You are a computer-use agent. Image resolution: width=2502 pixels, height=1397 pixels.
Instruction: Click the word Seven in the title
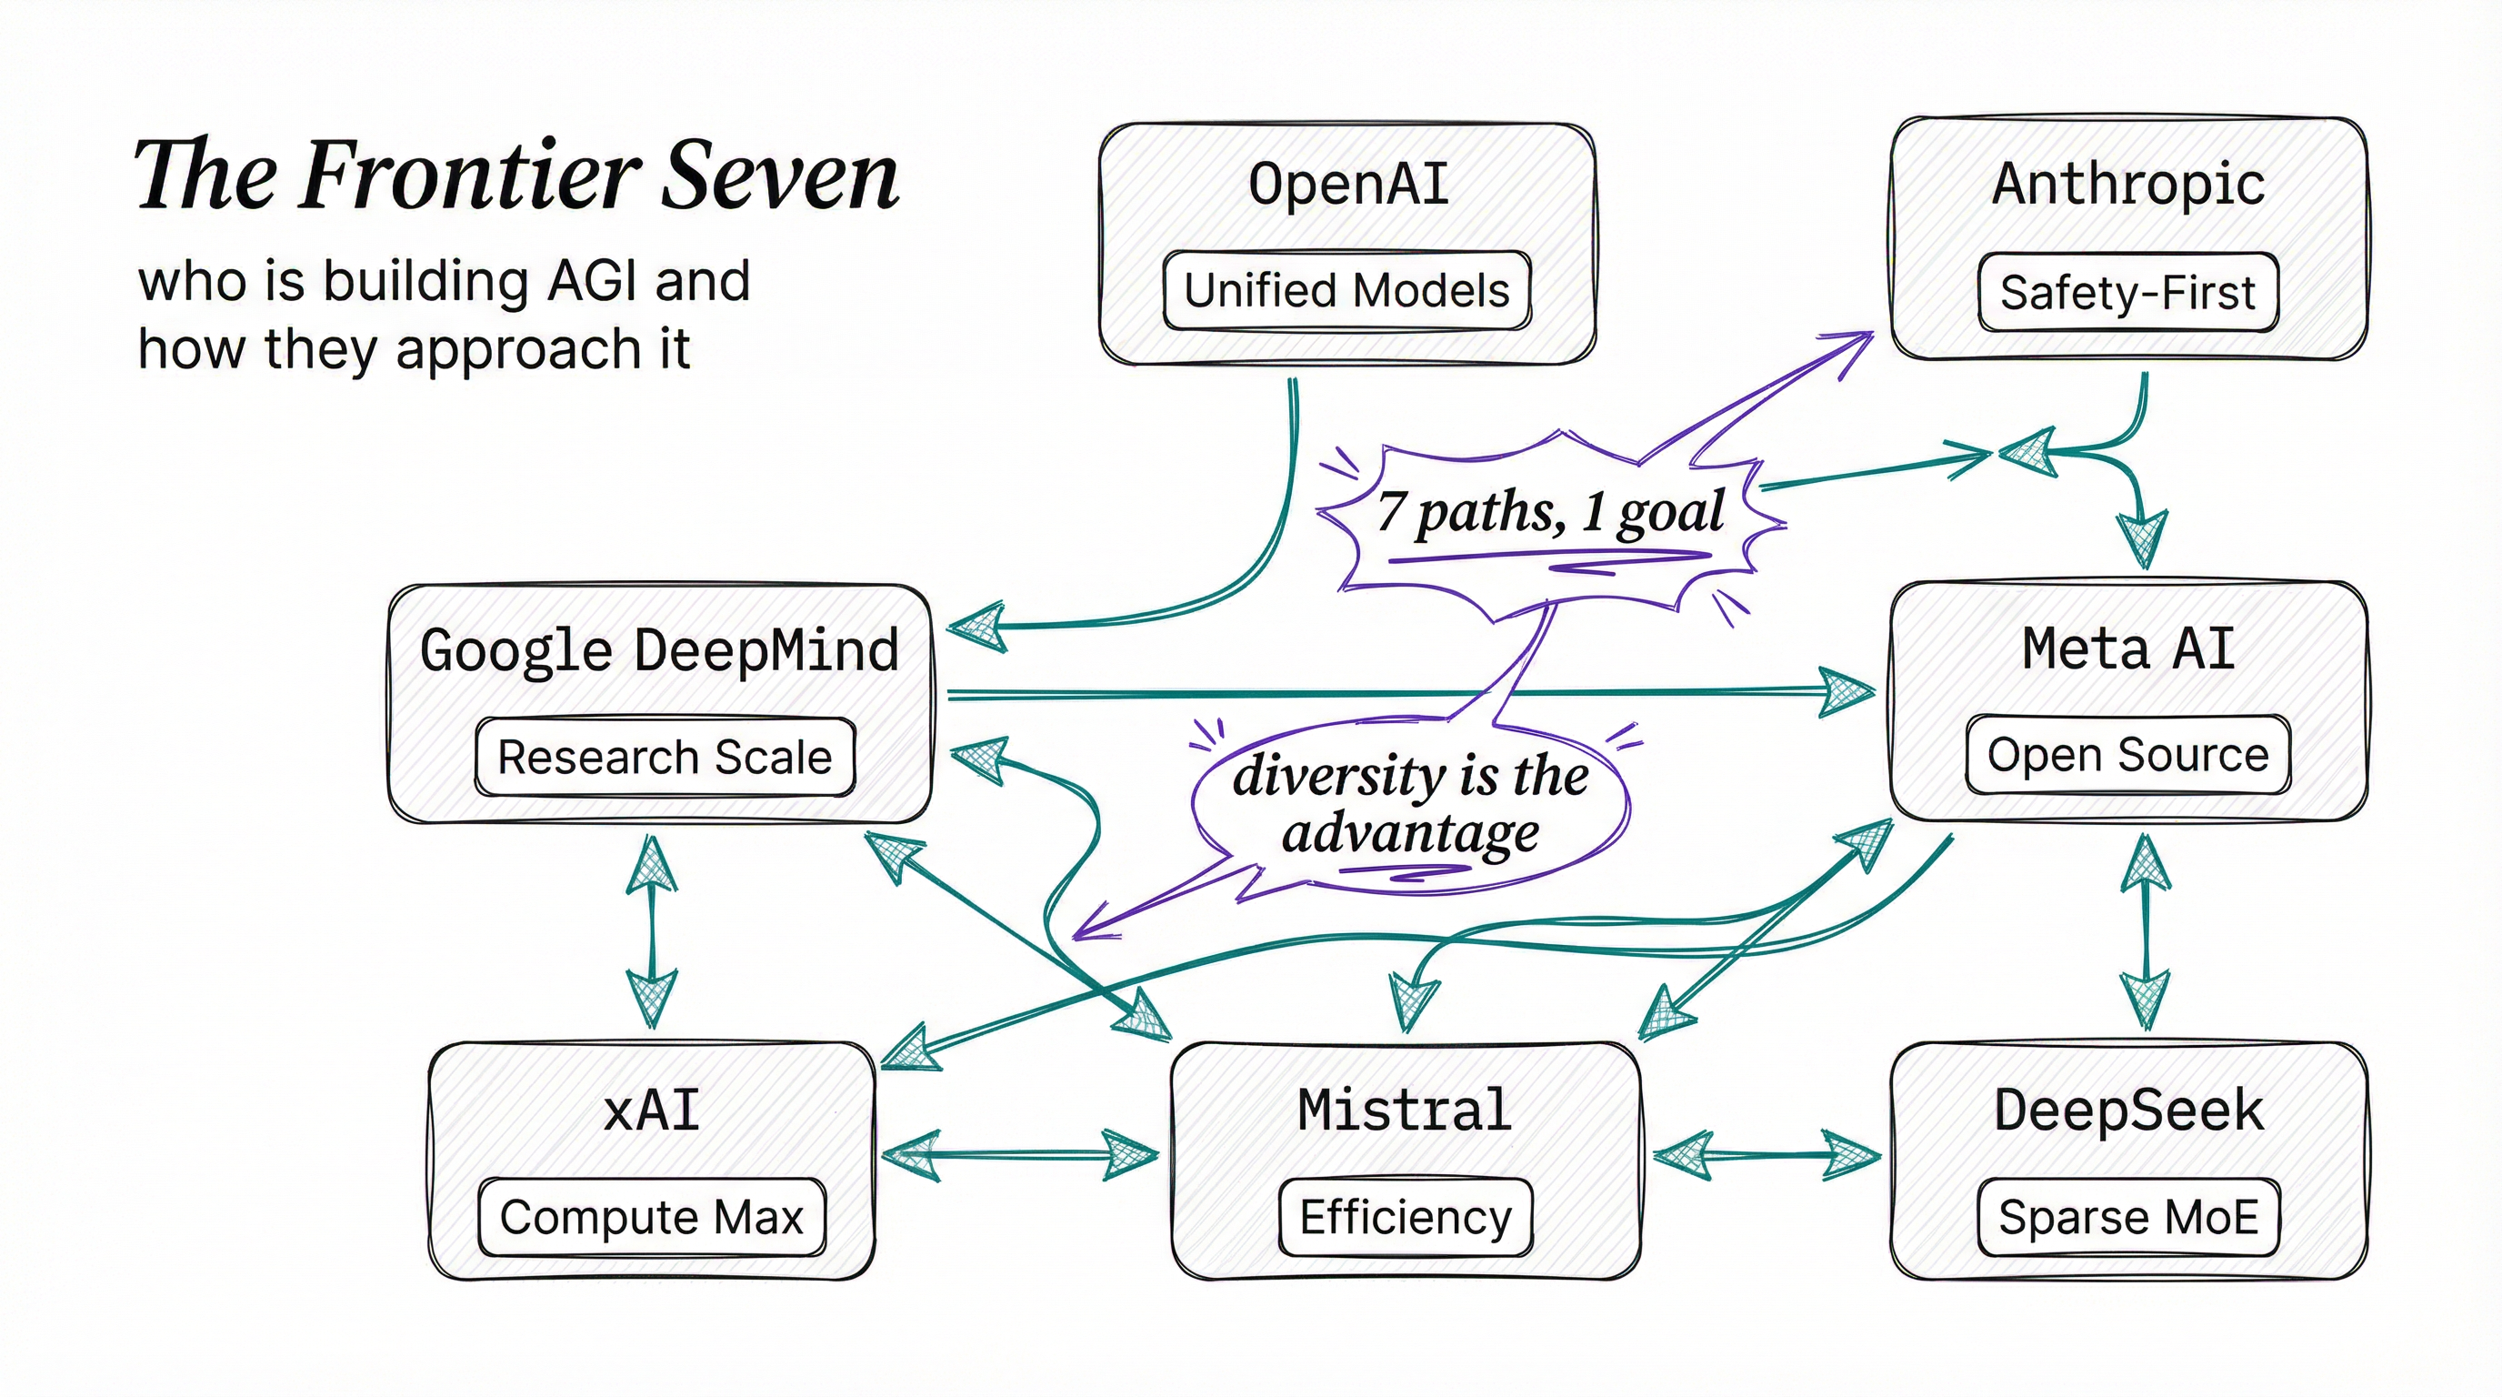coord(780,175)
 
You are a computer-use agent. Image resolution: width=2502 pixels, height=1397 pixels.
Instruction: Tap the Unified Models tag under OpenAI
coord(1346,290)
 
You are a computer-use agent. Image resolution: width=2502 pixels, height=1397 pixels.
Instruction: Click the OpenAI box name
coord(1348,184)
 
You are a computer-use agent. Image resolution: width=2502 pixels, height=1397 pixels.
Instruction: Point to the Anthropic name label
coord(2127,184)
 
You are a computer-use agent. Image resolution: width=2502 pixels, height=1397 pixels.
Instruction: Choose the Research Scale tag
coord(665,757)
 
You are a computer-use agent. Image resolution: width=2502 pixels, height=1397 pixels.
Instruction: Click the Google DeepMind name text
coord(659,650)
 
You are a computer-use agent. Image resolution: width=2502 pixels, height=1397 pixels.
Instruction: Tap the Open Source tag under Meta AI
coord(2127,755)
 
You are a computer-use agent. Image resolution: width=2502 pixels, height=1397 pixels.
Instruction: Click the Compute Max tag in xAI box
coord(651,1217)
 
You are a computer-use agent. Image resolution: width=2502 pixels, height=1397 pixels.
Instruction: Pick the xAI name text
coord(651,1111)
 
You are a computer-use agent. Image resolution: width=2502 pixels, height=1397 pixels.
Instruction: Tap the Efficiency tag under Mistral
coord(1405,1217)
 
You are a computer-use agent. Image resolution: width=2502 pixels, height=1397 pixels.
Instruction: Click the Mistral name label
coord(1405,1111)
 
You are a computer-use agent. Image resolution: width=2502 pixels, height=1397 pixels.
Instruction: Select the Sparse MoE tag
coord(2127,1217)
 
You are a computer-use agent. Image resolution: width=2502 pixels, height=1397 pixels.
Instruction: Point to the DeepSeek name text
coord(2127,1111)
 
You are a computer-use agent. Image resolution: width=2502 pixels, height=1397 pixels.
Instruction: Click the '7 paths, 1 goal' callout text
coord(1550,512)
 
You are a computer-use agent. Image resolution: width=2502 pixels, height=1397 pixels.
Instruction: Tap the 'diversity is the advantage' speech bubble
coord(1410,803)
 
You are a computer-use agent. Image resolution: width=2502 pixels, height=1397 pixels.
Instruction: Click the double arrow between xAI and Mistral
coord(1020,1155)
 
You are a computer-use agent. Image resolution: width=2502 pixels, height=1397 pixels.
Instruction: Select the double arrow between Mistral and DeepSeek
coord(1766,1155)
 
